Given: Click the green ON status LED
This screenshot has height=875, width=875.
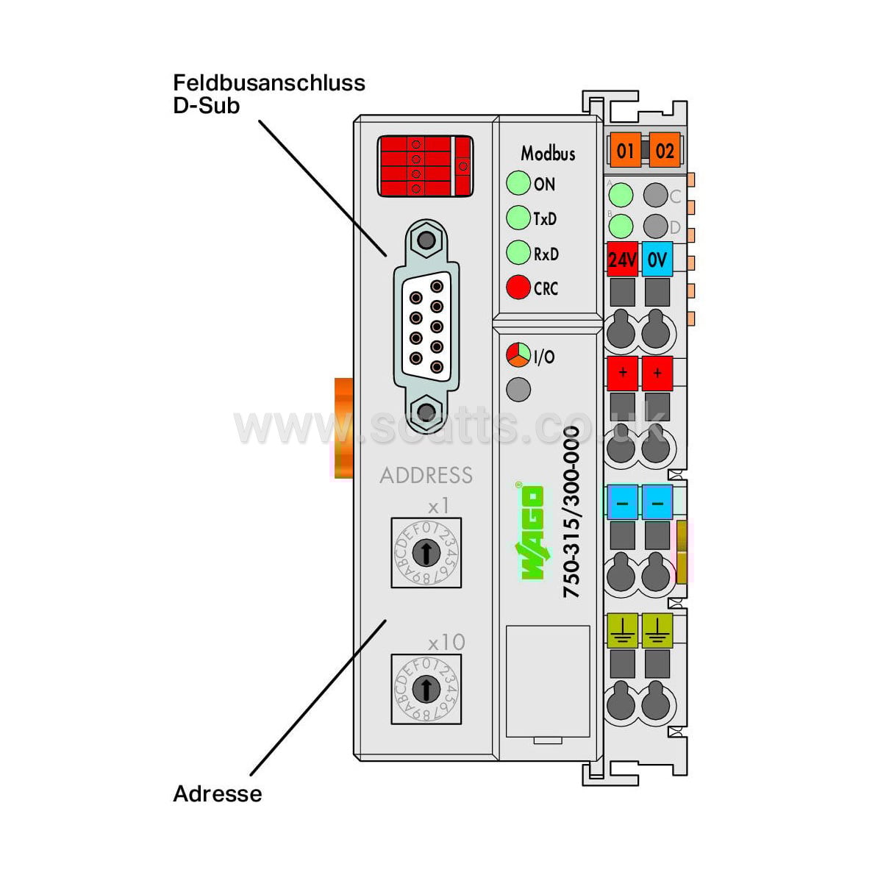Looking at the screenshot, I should point(518,183).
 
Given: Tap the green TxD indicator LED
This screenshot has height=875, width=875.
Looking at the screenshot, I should point(518,218).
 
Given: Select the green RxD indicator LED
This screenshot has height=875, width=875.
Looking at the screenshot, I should point(518,253).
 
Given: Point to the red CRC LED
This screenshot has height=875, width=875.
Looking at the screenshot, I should point(518,287).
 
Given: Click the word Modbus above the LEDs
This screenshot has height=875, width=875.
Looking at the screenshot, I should point(548,154).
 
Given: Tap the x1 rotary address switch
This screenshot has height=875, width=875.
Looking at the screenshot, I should point(426,552).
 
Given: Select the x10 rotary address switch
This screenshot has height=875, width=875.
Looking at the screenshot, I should point(426,689).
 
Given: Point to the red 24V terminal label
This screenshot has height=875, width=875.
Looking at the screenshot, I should point(622,260).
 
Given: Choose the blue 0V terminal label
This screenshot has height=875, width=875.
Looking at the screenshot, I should point(657,260).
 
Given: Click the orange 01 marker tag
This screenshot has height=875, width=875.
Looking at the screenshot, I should point(625,151).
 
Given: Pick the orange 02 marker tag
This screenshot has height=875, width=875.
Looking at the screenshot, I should point(665,151).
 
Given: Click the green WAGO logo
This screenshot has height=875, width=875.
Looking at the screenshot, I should point(532,532).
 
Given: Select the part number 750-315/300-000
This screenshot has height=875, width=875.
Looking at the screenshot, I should point(571,512).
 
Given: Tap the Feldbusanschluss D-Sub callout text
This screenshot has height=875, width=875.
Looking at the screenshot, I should point(268,93).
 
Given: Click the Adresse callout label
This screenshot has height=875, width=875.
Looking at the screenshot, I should point(217,794).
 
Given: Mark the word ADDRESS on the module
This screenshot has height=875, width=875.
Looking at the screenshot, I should point(426,476).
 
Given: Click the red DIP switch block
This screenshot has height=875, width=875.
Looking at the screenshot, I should point(425,166).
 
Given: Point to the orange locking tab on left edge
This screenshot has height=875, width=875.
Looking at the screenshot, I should point(343,428).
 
